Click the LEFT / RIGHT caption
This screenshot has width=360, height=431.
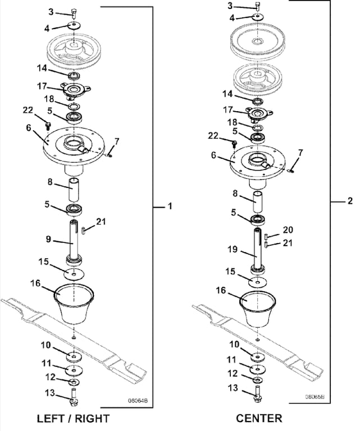pyautogui.click(x=72, y=419)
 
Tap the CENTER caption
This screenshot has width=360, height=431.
pyautogui.click(x=259, y=419)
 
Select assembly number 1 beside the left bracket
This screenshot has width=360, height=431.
pyautogui.click(x=169, y=207)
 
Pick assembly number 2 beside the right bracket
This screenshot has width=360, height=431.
pyautogui.click(x=350, y=201)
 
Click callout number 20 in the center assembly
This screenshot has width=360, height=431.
pyautogui.click(x=289, y=230)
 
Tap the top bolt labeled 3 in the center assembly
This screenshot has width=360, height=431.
pyautogui.click(x=257, y=6)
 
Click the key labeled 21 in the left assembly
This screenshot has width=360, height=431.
pyautogui.click(x=84, y=228)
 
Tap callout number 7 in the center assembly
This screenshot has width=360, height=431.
pyautogui.click(x=300, y=153)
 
